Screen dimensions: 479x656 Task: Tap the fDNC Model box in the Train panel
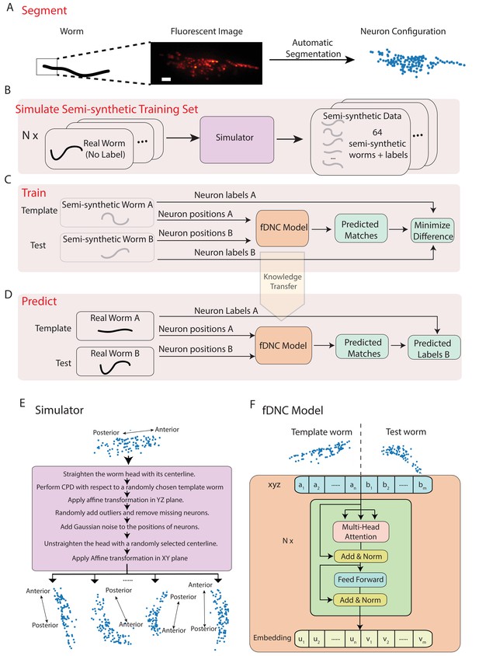click(x=283, y=228)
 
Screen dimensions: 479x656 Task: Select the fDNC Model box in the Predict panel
click(x=283, y=346)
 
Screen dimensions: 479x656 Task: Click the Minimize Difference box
click(x=432, y=231)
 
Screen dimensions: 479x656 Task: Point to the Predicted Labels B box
click(x=434, y=348)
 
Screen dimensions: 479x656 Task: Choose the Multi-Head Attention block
click(x=361, y=532)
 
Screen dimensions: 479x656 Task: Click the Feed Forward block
click(x=360, y=580)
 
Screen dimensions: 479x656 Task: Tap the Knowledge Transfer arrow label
click(x=283, y=281)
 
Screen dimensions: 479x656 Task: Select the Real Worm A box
click(x=115, y=326)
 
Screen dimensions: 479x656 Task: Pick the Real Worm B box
click(x=115, y=361)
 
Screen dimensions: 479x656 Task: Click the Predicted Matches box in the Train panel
click(x=360, y=230)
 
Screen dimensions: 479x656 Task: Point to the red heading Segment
click(x=44, y=10)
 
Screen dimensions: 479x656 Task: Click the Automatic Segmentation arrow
click(x=312, y=60)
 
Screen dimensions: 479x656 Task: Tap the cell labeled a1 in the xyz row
click(x=301, y=487)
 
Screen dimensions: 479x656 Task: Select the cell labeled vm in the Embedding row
click(x=422, y=639)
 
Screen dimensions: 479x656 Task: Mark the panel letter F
click(x=252, y=405)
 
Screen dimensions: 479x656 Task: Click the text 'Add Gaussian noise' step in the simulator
click(x=130, y=527)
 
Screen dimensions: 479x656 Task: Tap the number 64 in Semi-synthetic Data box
click(x=377, y=132)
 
